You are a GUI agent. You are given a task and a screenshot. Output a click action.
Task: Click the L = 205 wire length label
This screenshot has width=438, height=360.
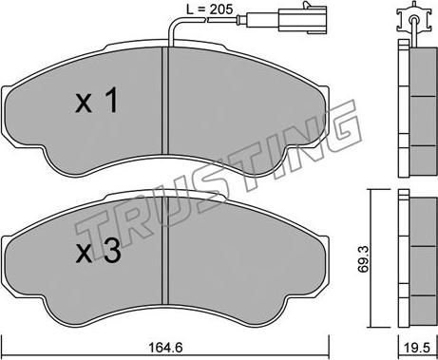pos(209,9)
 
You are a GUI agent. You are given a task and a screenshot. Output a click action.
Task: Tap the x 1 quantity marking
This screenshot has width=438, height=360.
pos(97,101)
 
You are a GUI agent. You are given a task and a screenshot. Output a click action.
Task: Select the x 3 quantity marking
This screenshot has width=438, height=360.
pos(98,251)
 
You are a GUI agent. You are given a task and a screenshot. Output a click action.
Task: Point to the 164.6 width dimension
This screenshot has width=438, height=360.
pos(165,348)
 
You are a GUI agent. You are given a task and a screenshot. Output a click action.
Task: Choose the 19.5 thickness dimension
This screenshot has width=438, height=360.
pos(418,348)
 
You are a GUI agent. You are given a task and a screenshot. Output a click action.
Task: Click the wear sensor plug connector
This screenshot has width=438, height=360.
pos(303,19)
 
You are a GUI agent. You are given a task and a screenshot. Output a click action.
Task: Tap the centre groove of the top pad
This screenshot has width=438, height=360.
pos(165,101)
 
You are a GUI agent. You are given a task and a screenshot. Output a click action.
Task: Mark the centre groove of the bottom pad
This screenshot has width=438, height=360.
pos(165,251)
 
